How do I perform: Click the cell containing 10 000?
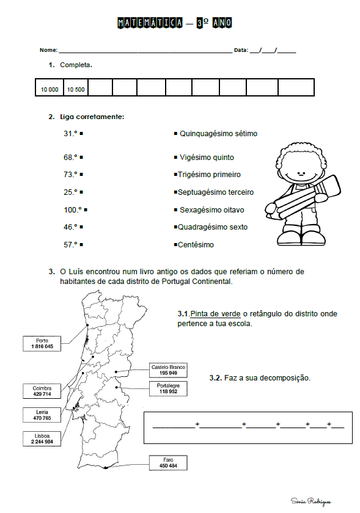pos(50,89)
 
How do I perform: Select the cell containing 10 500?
pos(76,89)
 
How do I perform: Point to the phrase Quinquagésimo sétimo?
pos(218,133)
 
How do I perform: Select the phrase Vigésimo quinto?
pos(207,157)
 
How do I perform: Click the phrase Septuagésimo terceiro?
pos(215,192)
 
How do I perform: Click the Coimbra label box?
pos(42,391)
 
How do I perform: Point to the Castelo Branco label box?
pos(168,369)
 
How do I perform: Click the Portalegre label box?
pos(168,388)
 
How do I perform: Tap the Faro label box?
pos(168,462)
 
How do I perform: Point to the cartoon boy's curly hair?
pos(300,153)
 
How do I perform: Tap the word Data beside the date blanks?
pos(241,49)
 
